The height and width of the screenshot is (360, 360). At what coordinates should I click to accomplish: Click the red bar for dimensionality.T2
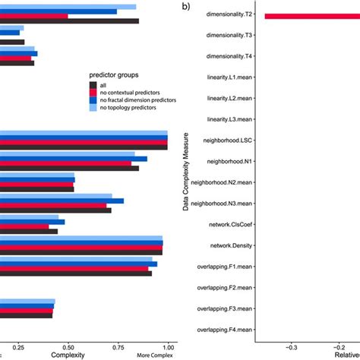[311, 15]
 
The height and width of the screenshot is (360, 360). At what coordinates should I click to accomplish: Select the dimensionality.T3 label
[229, 36]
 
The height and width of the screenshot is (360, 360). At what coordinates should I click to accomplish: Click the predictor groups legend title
[113, 75]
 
